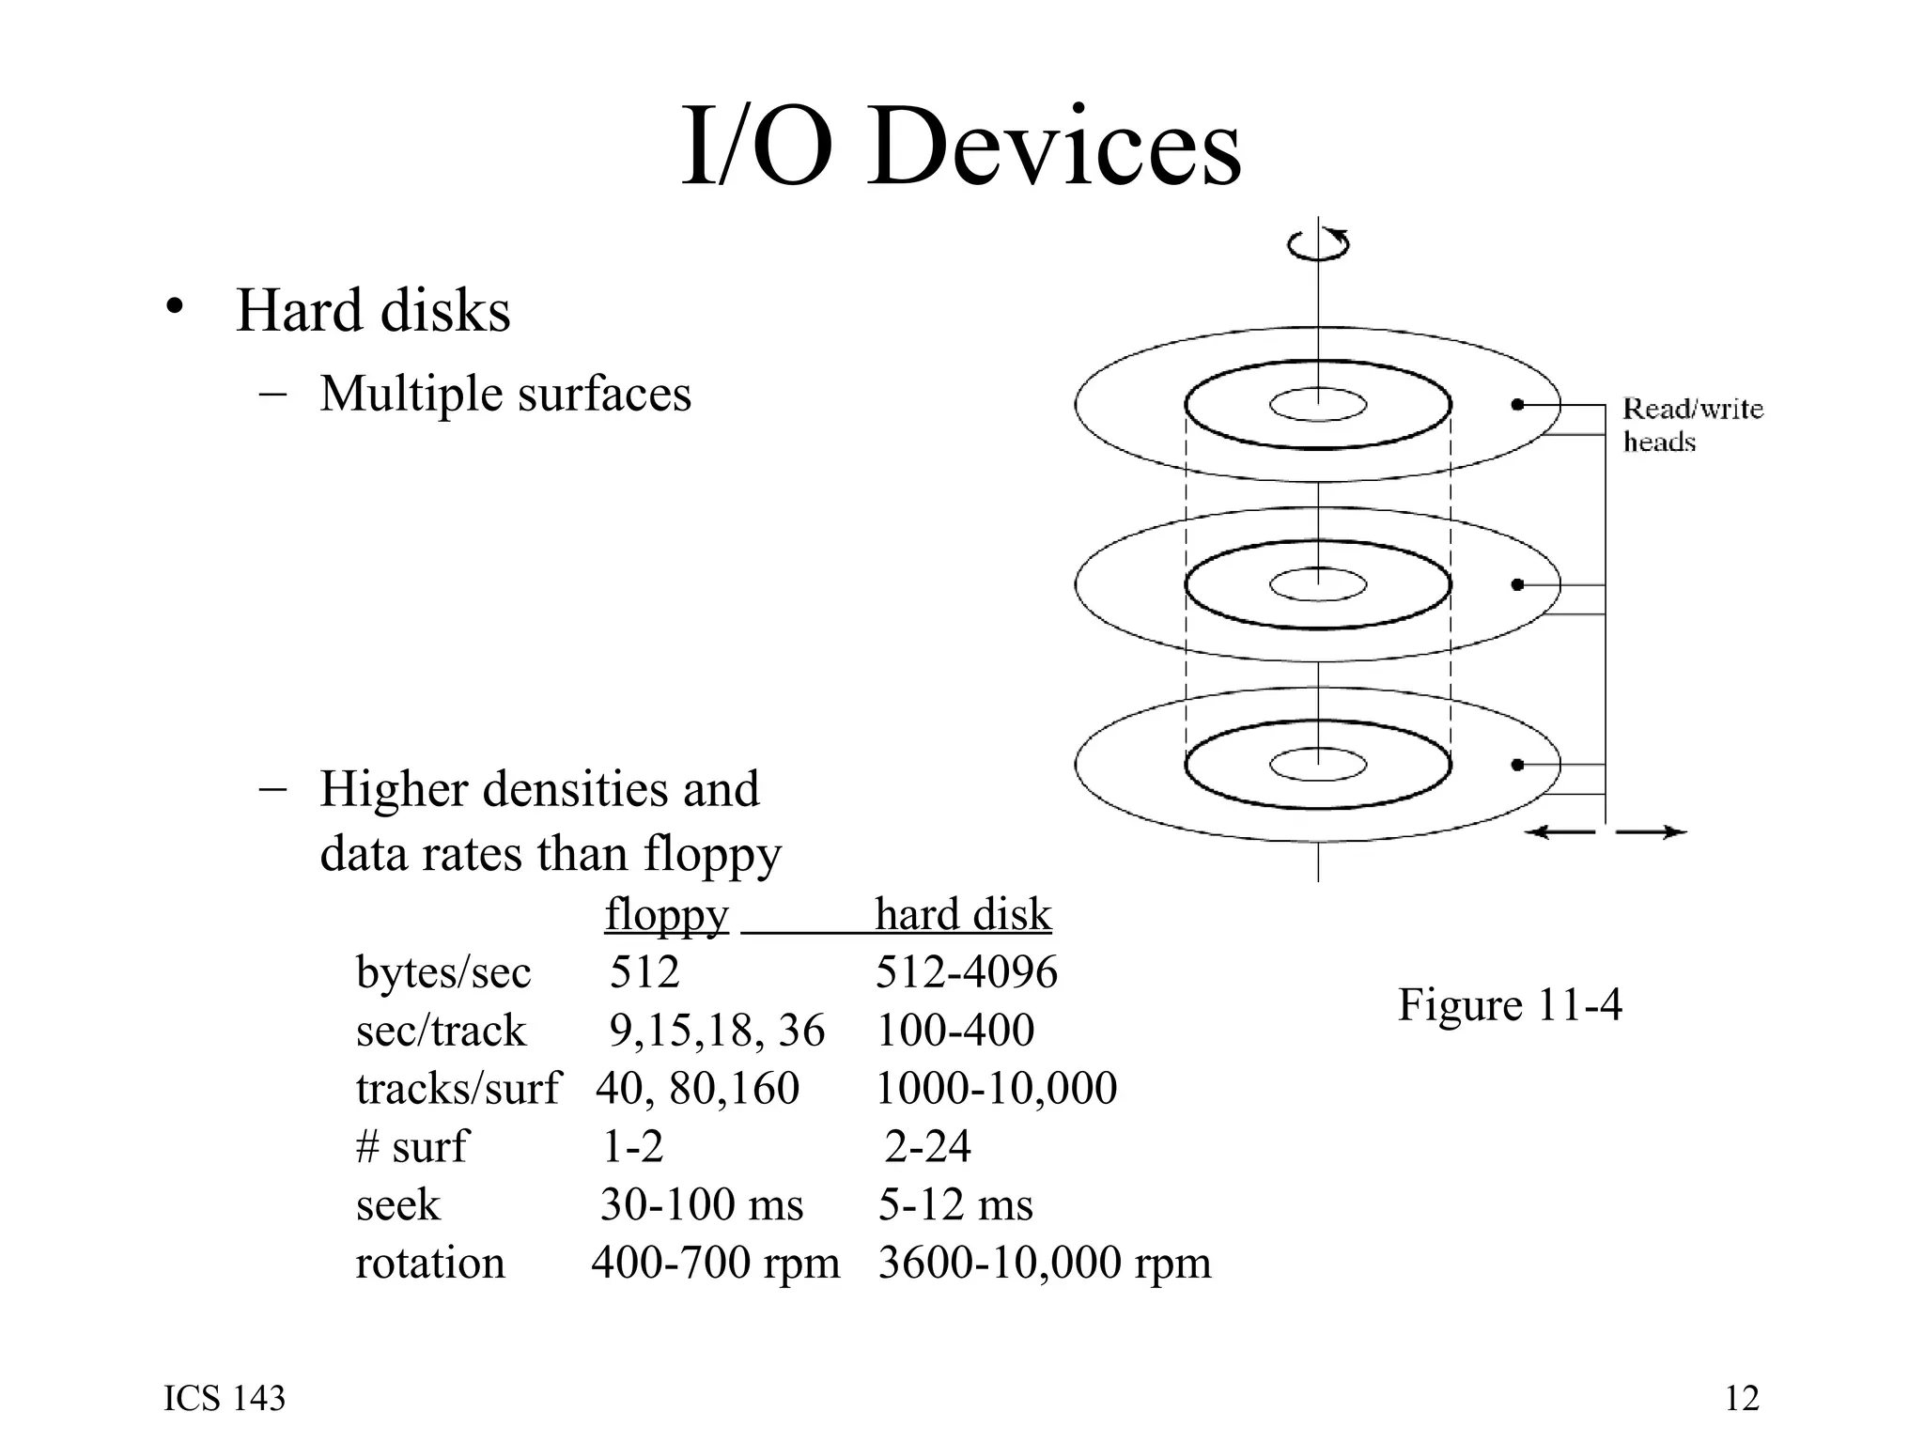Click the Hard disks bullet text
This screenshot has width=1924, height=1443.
click(372, 311)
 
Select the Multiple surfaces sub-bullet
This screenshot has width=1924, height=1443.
click(504, 394)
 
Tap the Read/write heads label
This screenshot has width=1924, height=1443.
click(1692, 425)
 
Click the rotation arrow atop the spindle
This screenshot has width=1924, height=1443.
click(1318, 243)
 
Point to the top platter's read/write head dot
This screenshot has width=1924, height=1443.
click(1517, 405)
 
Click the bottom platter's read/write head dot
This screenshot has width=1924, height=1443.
click(1517, 765)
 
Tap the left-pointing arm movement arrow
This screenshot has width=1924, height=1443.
click(1559, 832)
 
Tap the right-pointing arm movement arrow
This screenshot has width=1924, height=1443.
click(1651, 832)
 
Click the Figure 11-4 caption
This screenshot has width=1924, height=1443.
click(1509, 1005)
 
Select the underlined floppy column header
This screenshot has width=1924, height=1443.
click(666, 914)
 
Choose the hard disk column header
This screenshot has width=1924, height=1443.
click(963, 914)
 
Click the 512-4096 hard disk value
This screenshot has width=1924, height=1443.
click(966, 971)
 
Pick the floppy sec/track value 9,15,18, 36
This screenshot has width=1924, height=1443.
click(716, 1031)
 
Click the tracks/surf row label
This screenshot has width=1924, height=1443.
click(458, 1089)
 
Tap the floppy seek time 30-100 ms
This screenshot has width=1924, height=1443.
click(701, 1205)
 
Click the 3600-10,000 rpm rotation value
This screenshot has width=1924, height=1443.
click(1044, 1263)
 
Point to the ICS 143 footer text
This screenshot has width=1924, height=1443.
click(225, 1399)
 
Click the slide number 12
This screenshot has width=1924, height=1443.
click(1742, 1399)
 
